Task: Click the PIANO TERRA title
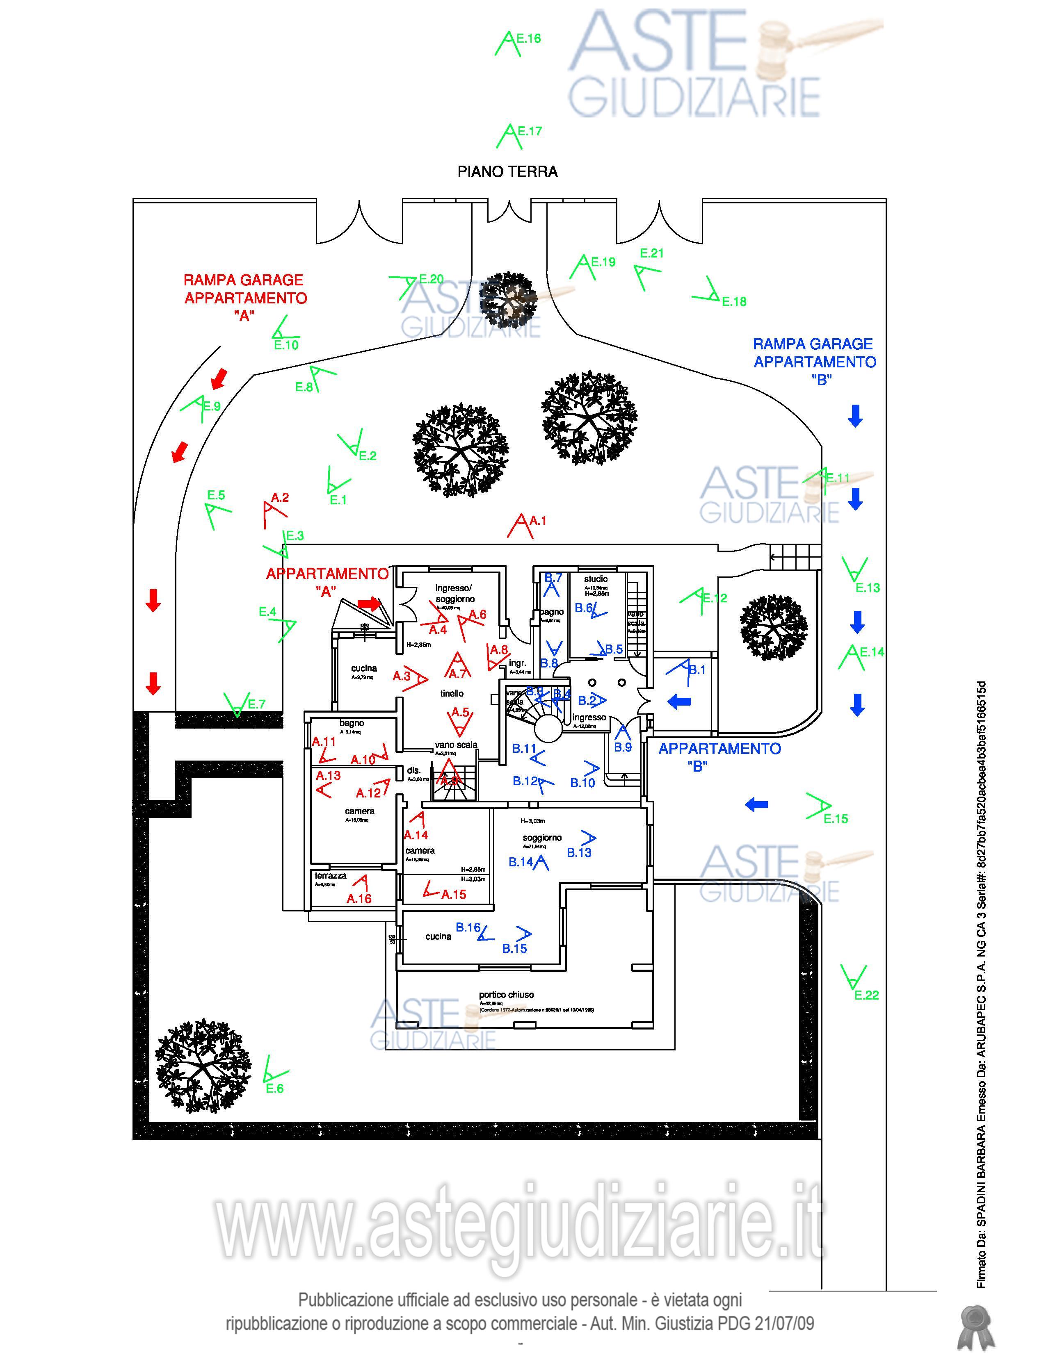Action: [x=507, y=172]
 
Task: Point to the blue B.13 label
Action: [x=579, y=852]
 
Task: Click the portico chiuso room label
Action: [x=506, y=994]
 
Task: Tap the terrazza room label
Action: [x=330, y=875]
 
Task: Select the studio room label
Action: [x=596, y=579]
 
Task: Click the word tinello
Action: [x=452, y=693]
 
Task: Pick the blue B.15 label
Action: [x=514, y=948]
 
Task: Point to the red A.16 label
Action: [x=359, y=898]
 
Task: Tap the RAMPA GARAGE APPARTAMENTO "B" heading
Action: [x=815, y=362]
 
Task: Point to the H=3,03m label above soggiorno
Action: [x=532, y=821]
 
